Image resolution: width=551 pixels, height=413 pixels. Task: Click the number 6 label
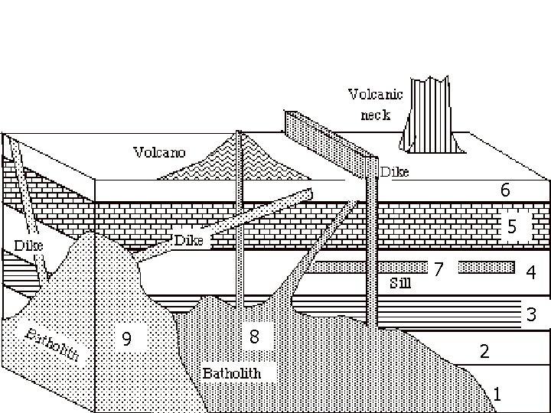coord(504,190)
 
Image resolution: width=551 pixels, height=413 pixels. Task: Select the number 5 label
coord(513,226)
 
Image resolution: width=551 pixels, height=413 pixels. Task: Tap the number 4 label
coord(530,272)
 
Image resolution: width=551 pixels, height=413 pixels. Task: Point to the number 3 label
coord(529,314)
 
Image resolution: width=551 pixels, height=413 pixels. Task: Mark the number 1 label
coord(498,395)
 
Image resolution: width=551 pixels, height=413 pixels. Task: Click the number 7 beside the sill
coord(439,270)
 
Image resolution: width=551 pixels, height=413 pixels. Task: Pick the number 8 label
coord(255,337)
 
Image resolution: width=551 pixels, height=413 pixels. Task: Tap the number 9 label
coord(127,337)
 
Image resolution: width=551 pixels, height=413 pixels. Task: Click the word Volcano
coord(159,151)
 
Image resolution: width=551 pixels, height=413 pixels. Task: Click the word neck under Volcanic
coord(375,115)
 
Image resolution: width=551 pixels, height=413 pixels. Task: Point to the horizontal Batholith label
coord(232,373)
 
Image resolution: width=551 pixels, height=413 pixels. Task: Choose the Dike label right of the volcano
coord(395,172)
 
